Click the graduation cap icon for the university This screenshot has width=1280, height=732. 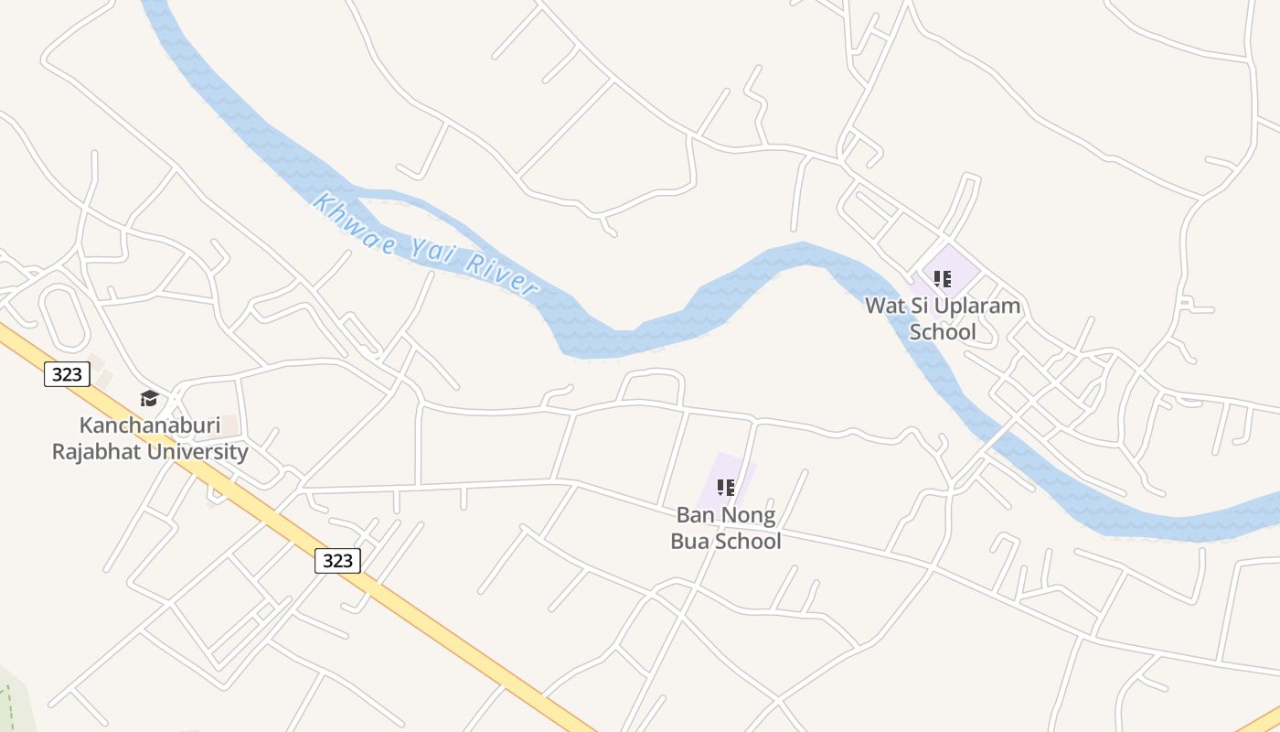(x=149, y=398)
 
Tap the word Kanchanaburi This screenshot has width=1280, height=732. (x=150, y=425)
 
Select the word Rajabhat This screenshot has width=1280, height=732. (x=98, y=452)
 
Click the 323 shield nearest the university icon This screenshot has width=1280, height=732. (x=67, y=374)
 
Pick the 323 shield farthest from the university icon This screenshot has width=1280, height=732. (x=337, y=561)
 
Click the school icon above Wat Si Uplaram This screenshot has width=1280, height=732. (x=943, y=278)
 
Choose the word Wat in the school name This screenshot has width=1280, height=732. (x=884, y=307)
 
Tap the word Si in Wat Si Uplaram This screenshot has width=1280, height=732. (x=917, y=307)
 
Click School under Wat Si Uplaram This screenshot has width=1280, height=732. (x=943, y=332)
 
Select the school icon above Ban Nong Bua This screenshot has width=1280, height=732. (x=726, y=487)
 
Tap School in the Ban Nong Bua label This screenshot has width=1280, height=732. (x=748, y=542)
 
